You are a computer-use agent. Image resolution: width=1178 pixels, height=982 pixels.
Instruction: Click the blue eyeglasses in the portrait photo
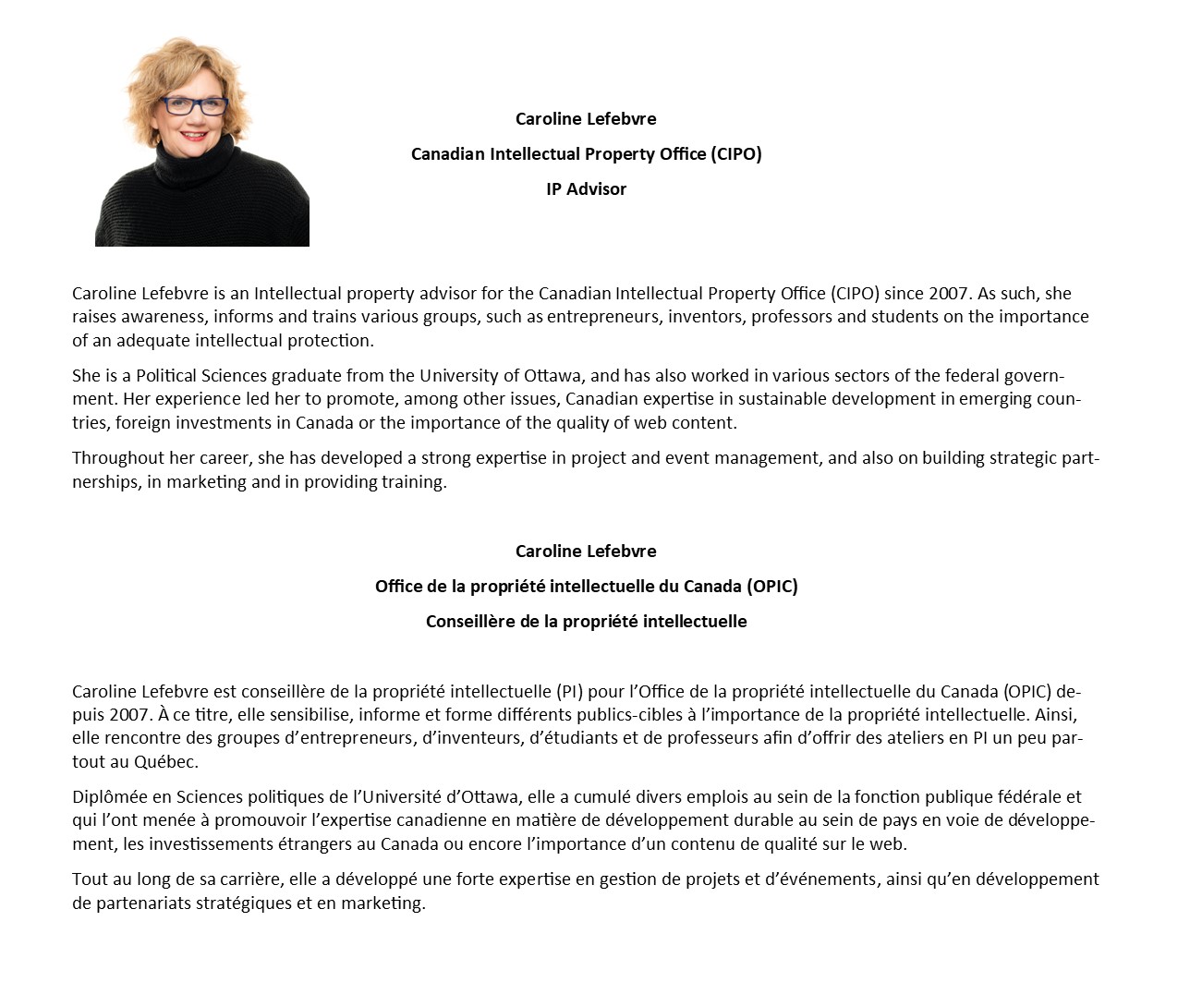(x=195, y=105)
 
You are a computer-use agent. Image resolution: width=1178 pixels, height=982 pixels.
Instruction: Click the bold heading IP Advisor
(x=586, y=189)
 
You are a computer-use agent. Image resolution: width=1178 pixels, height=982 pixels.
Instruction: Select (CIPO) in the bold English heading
(x=736, y=154)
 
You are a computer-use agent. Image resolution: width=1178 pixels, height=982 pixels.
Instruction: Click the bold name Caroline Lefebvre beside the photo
(x=586, y=119)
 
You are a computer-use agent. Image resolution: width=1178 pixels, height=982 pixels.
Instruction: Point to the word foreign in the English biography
(x=144, y=423)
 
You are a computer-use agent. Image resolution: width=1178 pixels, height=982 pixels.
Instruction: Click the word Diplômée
(x=110, y=797)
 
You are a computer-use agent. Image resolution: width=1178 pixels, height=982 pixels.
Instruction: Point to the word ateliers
(x=884, y=739)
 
